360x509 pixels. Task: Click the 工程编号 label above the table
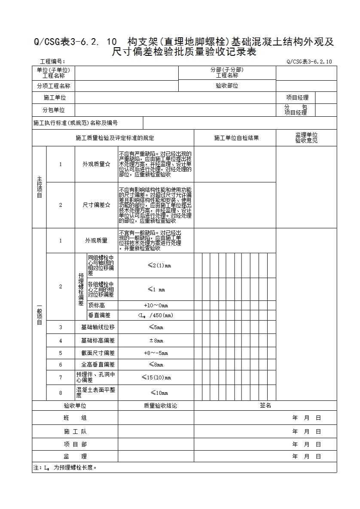(52, 62)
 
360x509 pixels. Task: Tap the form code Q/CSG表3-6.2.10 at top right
(309, 62)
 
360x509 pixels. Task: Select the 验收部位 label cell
(227, 86)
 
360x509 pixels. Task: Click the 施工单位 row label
(54, 98)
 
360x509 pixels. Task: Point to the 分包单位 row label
(54, 110)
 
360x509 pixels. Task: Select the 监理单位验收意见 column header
(306, 138)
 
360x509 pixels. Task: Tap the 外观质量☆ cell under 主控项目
(96, 164)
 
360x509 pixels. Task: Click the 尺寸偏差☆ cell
(96, 205)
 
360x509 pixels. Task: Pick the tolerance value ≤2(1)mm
(156, 265)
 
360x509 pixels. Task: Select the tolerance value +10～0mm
(156, 305)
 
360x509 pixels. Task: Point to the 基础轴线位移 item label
(98, 327)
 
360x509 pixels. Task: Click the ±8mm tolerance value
(156, 341)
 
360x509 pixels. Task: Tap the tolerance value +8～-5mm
(156, 353)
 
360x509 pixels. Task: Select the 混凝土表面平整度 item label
(96, 393)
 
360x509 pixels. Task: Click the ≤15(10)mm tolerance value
(156, 378)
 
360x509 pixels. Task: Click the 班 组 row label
(75, 418)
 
